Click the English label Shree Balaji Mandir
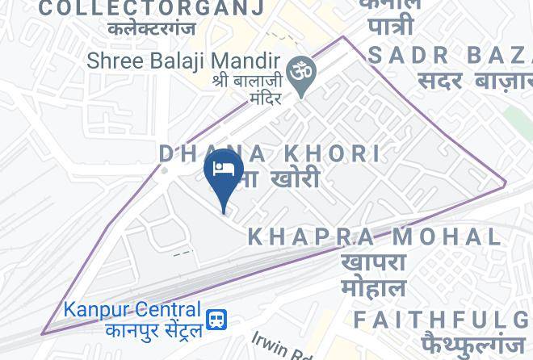coord(183,61)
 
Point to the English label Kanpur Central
coord(132,310)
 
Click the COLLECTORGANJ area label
coord(152,9)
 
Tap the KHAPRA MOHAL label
coord(374,237)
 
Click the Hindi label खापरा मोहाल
coord(373,275)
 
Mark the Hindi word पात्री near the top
coord(392,26)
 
